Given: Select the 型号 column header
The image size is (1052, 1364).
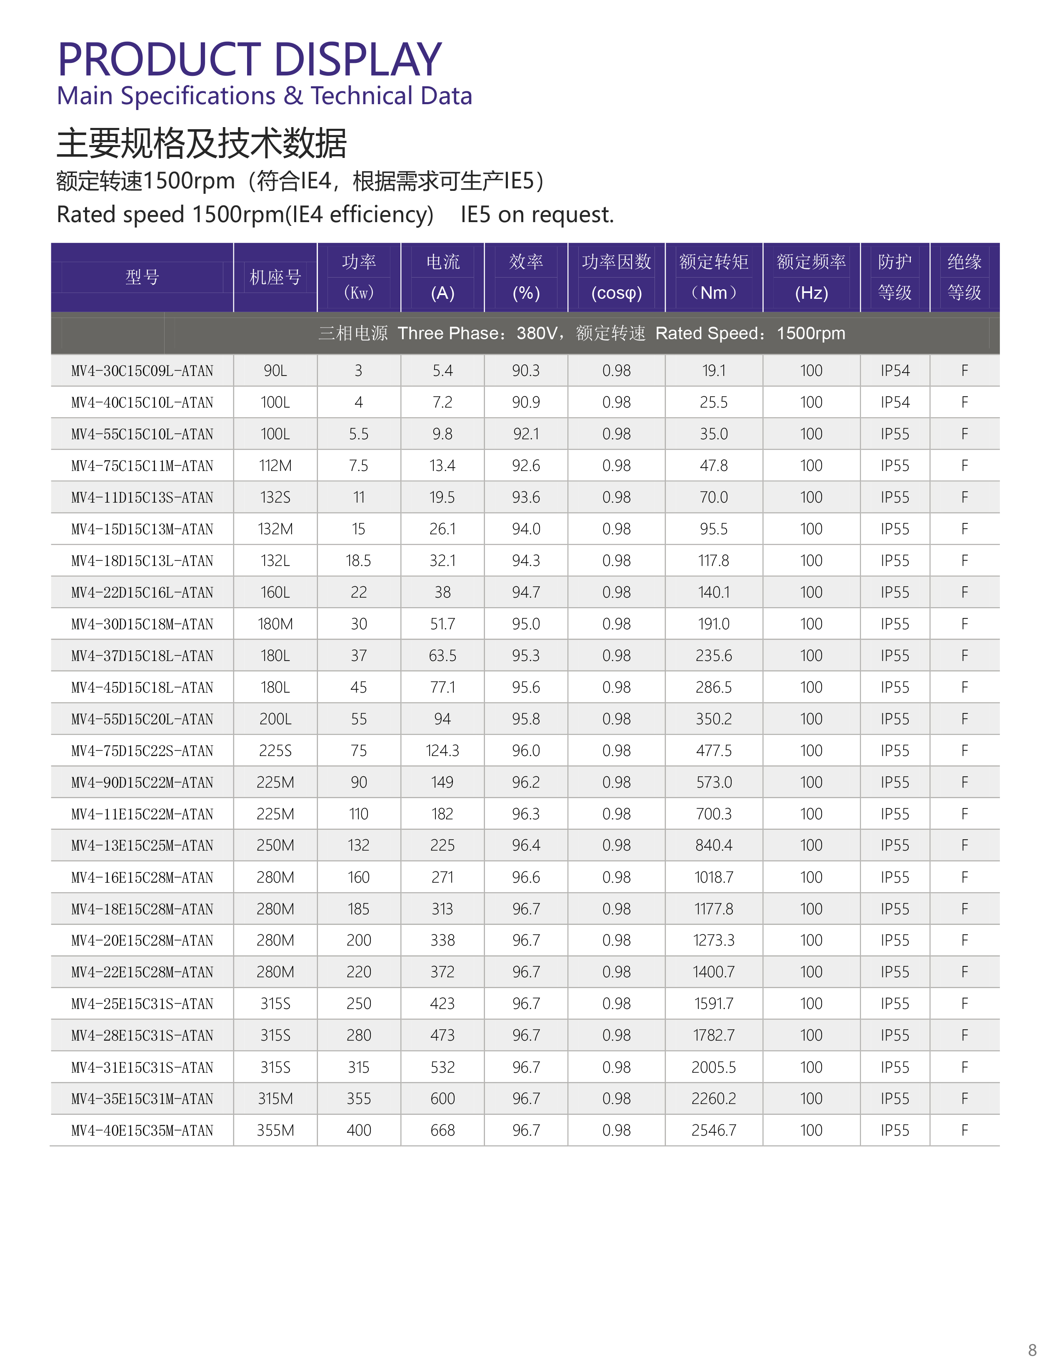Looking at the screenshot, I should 142,277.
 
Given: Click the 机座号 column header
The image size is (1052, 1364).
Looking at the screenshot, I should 275,277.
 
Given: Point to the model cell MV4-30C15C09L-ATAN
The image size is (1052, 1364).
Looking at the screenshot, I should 142,371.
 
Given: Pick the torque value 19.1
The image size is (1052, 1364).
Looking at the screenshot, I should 714,371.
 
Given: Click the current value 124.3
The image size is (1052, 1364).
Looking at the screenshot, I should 442,751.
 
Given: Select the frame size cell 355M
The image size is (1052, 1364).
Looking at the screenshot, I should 275,1131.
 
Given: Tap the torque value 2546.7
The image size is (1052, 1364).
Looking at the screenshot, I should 714,1131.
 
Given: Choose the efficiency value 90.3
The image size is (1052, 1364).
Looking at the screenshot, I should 526,371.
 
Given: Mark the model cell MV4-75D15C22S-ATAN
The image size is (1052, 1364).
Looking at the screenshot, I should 142,751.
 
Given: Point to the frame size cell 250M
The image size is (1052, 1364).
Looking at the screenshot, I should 275,846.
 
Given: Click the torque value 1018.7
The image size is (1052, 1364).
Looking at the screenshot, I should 714,878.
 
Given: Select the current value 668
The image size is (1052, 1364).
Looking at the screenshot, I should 442,1131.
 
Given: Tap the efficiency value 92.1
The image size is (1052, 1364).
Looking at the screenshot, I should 526,434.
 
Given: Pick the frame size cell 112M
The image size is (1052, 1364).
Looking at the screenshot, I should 275,466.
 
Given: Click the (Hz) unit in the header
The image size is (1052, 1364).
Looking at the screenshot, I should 811,293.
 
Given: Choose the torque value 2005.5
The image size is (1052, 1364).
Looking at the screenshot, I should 714,1067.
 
